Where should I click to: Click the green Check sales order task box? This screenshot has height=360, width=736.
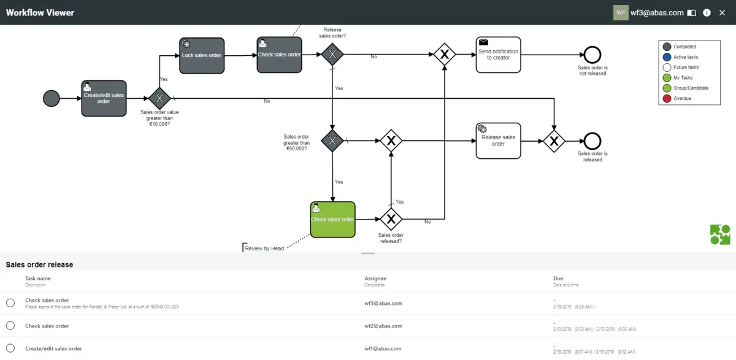coord(332,220)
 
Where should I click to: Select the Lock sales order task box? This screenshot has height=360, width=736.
coord(202,56)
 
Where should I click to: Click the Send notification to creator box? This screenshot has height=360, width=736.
coord(498,55)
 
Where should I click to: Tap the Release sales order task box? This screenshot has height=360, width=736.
coord(498,141)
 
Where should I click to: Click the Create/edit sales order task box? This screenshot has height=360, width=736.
coord(104,98)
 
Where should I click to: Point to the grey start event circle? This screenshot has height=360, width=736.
coord(52,98)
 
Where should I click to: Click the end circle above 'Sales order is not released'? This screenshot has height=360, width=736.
coord(592,55)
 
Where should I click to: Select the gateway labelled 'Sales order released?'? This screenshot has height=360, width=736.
coord(391,219)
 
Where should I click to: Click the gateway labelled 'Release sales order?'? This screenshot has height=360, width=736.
coord(332,55)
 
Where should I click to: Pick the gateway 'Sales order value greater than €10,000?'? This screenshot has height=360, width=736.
coord(159,98)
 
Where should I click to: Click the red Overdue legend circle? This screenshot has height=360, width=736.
coord(667,98)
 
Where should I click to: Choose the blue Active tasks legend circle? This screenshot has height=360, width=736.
coord(667,57)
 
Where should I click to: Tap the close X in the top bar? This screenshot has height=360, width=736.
coord(722,12)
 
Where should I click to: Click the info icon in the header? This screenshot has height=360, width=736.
coord(707,12)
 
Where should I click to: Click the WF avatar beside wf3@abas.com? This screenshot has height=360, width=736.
coord(621,12)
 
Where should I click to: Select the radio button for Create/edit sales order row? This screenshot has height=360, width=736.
coord(10,348)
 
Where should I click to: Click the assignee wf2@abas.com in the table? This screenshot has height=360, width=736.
coord(383,326)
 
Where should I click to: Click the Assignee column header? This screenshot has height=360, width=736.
coord(375,278)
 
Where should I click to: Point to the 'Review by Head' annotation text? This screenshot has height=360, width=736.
coord(264,248)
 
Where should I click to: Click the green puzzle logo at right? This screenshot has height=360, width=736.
coord(720,235)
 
